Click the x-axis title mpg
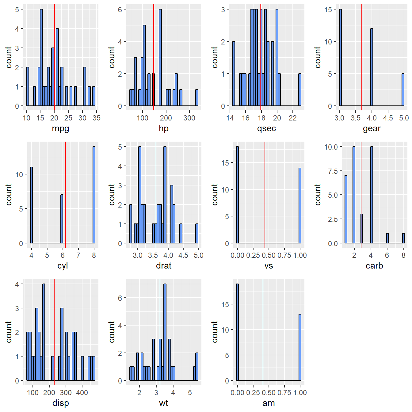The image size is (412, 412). tap(60, 128)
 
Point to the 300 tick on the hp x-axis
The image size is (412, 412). tap(189, 118)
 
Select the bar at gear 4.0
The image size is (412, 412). tap(372, 67)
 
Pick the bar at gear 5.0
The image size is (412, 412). tap(403, 90)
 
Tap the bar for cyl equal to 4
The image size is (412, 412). tap(31, 205)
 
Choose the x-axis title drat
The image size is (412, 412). tap(164, 265)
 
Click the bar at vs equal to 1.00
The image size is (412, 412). tap(300, 206)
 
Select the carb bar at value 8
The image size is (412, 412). tap(403, 238)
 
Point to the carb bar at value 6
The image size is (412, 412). tap(387, 238)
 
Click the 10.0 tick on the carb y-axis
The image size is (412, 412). tap(331, 147)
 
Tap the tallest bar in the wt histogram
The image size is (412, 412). tap(165, 332)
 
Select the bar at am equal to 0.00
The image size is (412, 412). tap(237, 332)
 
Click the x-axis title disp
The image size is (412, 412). tap(60, 403)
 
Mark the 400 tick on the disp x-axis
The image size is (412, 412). tap(82, 393)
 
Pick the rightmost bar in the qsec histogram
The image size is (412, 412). tap(300, 90)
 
